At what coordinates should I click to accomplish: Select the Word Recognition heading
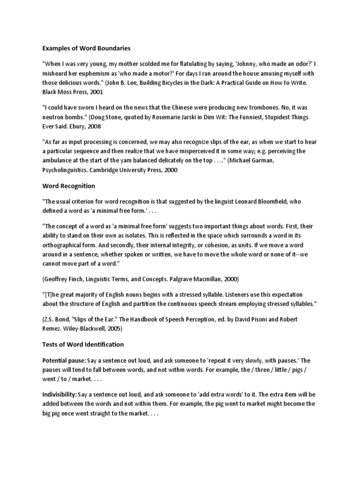click(x=68, y=186)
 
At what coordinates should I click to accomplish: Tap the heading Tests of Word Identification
click(x=83, y=344)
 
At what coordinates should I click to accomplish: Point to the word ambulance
click(x=60, y=161)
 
